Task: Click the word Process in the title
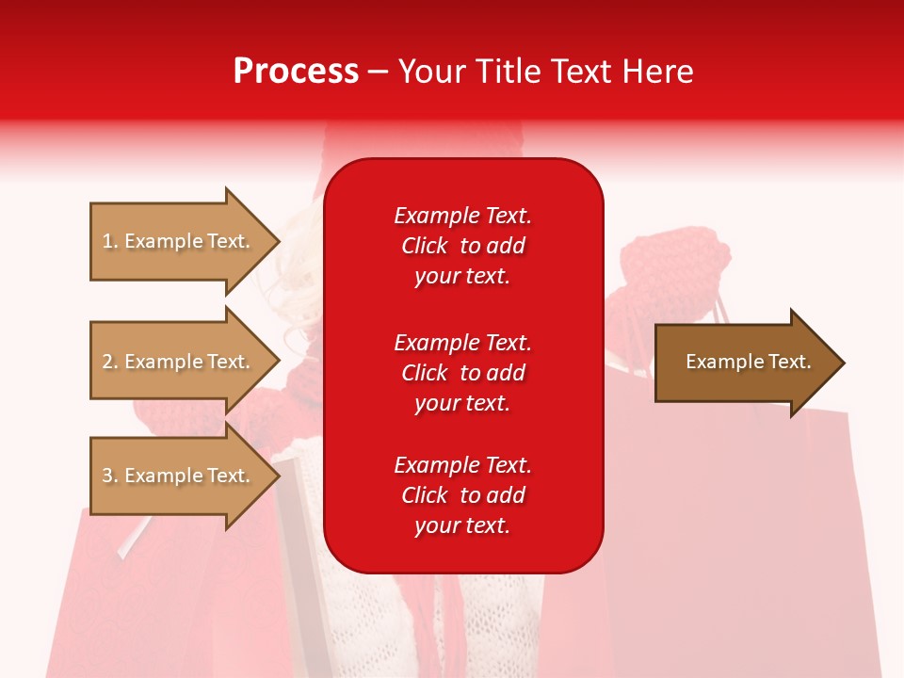[x=296, y=72]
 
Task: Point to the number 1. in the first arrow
[x=110, y=241]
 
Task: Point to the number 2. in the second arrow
[x=110, y=362]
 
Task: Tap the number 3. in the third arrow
[x=110, y=476]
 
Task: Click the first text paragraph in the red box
[x=462, y=246]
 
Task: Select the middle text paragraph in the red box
[x=462, y=373]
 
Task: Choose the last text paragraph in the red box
[x=462, y=495]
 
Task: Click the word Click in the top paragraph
[x=424, y=246]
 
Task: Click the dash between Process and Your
[x=378, y=73]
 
